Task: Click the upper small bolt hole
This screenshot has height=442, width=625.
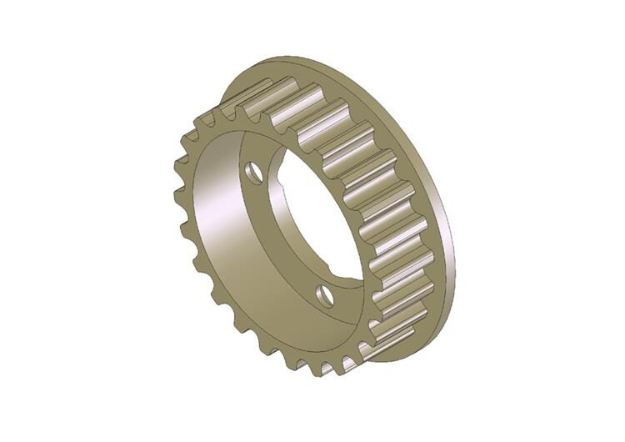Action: pyautogui.click(x=255, y=173)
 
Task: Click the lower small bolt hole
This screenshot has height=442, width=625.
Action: pyautogui.click(x=325, y=295)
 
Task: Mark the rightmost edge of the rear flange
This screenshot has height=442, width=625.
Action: pyautogui.click(x=455, y=242)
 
